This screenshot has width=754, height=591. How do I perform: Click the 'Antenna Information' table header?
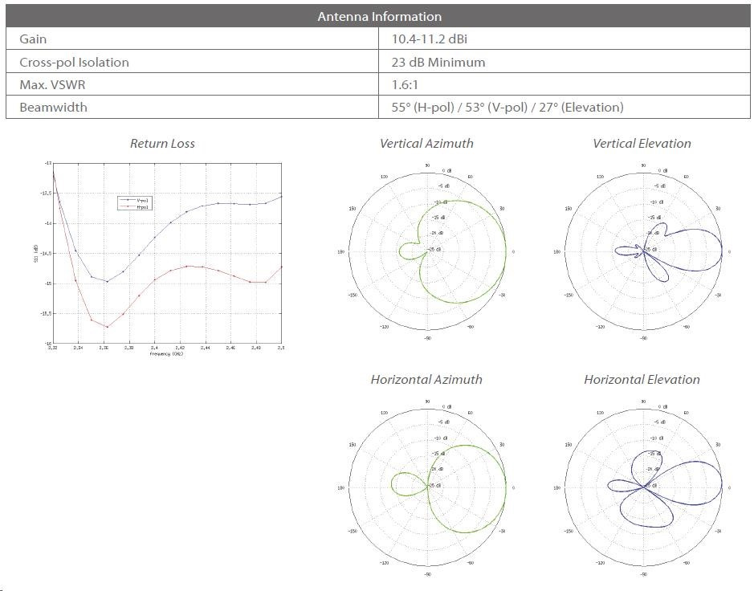point(379,16)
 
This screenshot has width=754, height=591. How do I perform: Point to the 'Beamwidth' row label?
point(53,107)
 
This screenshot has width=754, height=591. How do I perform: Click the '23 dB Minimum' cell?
point(438,62)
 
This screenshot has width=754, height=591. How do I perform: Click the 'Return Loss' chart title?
point(162,144)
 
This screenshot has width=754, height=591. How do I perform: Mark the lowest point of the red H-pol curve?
point(107,327)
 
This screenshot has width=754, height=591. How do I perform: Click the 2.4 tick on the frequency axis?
point(154,348)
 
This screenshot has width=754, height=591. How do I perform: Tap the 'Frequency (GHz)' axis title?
point(166,354)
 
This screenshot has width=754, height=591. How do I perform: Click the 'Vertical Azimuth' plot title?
point(426,144)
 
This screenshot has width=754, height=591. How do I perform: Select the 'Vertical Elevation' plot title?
point(642,144)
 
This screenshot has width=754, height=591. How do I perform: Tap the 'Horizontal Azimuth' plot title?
point(426,380)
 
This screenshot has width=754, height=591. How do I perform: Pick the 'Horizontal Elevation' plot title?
point(642,380)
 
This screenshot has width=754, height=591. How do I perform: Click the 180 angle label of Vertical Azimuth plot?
point(341,252)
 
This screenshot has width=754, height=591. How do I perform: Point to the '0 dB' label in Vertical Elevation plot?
point(662,171)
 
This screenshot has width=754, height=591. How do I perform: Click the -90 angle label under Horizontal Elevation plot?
point(642,575)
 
